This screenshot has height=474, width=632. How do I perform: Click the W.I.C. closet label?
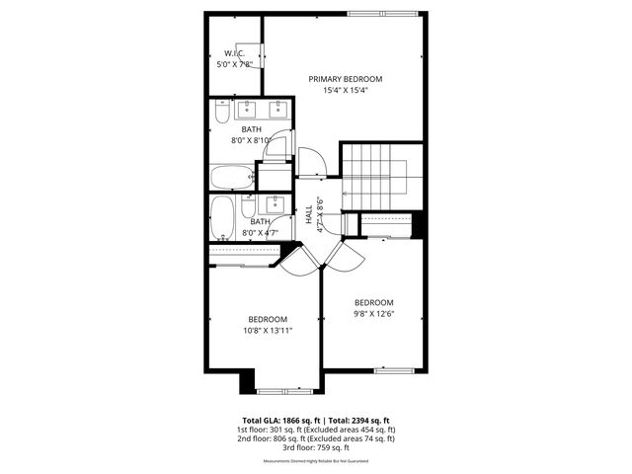coord(234,53)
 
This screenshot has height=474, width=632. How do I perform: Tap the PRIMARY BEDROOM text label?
coord(345,79)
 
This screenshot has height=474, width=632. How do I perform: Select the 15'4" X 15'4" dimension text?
coord(345,91)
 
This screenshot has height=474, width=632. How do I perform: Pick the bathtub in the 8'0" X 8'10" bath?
coord(232,178)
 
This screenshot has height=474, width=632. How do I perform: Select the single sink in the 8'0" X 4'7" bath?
coord(276,205)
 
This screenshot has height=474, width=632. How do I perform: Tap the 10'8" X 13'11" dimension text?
coord(268,331)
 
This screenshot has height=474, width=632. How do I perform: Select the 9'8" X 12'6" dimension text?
coord(374,314)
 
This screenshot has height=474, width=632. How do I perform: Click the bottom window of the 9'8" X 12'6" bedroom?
coord(392,369)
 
